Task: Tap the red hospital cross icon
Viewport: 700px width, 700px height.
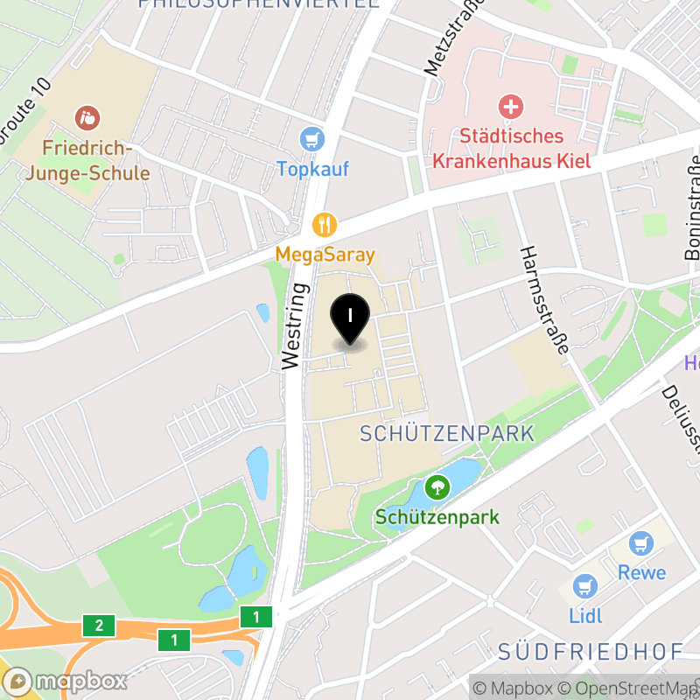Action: [x=510, y=108]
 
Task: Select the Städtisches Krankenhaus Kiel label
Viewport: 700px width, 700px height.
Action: [x=512, y=149]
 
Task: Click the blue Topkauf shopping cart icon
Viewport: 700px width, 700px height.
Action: [x=312, y=138]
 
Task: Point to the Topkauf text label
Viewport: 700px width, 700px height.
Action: [x=312, y=168]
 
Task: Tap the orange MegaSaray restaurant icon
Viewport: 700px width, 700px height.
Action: [x=325, y=225]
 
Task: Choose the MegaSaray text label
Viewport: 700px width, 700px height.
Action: [x=325, y=255]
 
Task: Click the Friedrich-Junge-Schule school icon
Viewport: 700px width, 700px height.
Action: [x=87, y=116]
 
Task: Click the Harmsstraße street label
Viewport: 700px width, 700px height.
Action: [x=543, y=299]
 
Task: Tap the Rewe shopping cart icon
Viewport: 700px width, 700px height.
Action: [x=643, y=543]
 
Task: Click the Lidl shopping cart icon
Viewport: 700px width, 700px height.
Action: [x=584, y=586]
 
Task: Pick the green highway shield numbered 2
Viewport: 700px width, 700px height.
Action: [x=99, y=626]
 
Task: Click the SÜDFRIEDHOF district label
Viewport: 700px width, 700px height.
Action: [x=591, y=652]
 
